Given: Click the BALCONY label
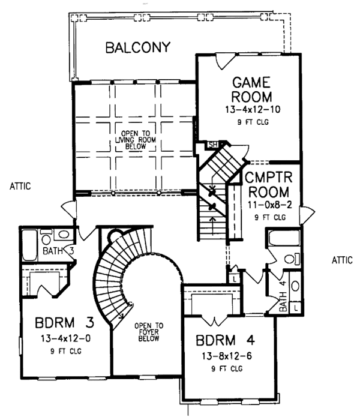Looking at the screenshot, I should (138, 47).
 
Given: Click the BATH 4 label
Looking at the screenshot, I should (284, 296).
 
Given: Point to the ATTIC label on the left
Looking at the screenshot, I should (19, 187).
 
